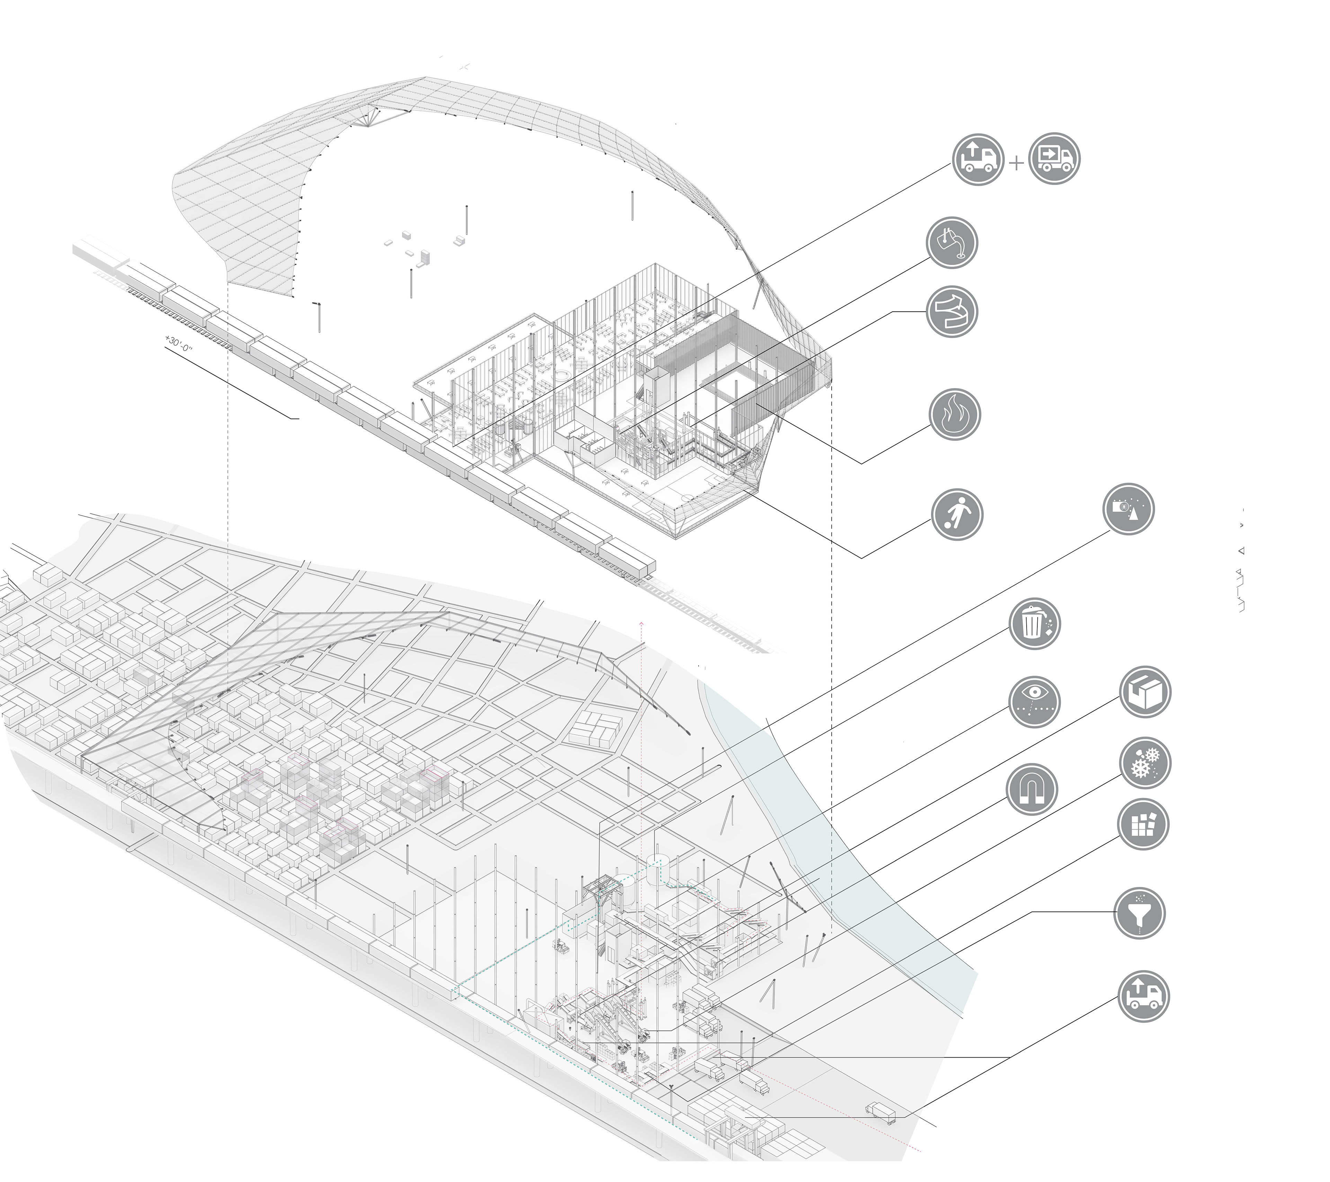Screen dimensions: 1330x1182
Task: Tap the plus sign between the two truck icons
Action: point(1016,163)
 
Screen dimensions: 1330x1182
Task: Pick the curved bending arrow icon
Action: point(952,312)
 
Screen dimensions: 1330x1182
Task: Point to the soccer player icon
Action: point(957,514)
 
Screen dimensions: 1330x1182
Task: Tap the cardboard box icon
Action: point(1145,692)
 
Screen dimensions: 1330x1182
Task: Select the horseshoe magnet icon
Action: point(1032,790)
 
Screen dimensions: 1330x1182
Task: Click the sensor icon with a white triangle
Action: point(1129,509)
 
